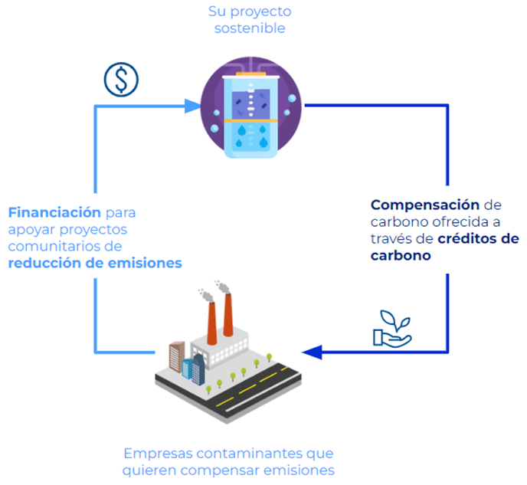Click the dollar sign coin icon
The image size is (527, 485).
coord(119,80)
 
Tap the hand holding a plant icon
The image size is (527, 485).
coord(391,330)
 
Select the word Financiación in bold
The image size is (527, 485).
coord(54,212)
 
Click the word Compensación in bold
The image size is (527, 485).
coord(425,205)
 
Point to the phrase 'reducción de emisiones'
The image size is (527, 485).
coord(95,263)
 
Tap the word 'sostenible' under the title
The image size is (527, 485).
coord(250,28)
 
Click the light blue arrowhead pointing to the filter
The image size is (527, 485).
coord(193,105)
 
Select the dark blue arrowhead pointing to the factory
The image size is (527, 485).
coord(311,352)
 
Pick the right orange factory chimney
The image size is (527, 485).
coord(227,315)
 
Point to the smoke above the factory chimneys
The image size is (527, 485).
coord(214,289)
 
